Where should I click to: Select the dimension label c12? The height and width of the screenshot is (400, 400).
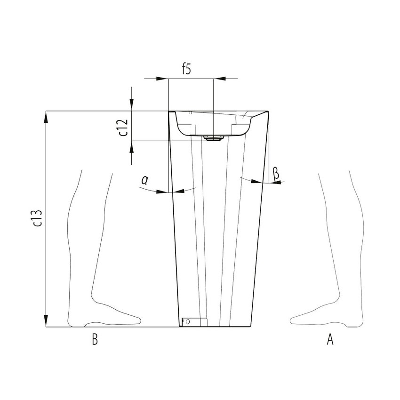(x=123, y=127)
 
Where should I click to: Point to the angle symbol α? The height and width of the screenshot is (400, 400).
(x=145, y=180)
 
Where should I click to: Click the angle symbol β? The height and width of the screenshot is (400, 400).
(x=276, y=174)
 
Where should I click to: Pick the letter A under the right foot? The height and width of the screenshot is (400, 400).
(x=330, y=339)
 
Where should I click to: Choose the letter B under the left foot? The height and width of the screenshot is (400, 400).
(x=95, y=340)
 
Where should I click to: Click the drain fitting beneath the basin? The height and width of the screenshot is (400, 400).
(x=213, y=138)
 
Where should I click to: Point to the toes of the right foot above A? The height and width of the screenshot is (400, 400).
(x=295, y=320)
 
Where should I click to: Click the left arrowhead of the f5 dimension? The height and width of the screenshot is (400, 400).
(x=163, y=79)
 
